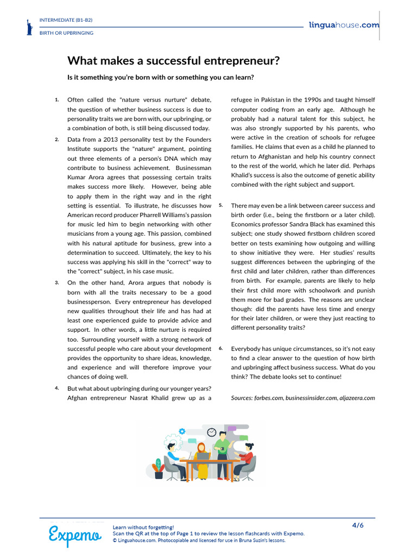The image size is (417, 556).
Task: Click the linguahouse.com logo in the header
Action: (344, 25)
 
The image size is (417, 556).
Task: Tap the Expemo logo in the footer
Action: (74, 535)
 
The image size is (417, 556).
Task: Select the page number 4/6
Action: (358, 525)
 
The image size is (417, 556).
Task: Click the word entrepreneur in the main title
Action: (239, 61)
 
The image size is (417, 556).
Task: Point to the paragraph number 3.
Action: (57, 283)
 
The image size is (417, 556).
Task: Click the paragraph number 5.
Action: (221, 205)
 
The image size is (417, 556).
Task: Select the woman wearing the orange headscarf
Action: (201, 459)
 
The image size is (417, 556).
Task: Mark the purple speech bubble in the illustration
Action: (232, 428)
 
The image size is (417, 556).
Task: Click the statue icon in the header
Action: (29, 27)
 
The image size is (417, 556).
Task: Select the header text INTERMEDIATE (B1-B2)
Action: (66, 20)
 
